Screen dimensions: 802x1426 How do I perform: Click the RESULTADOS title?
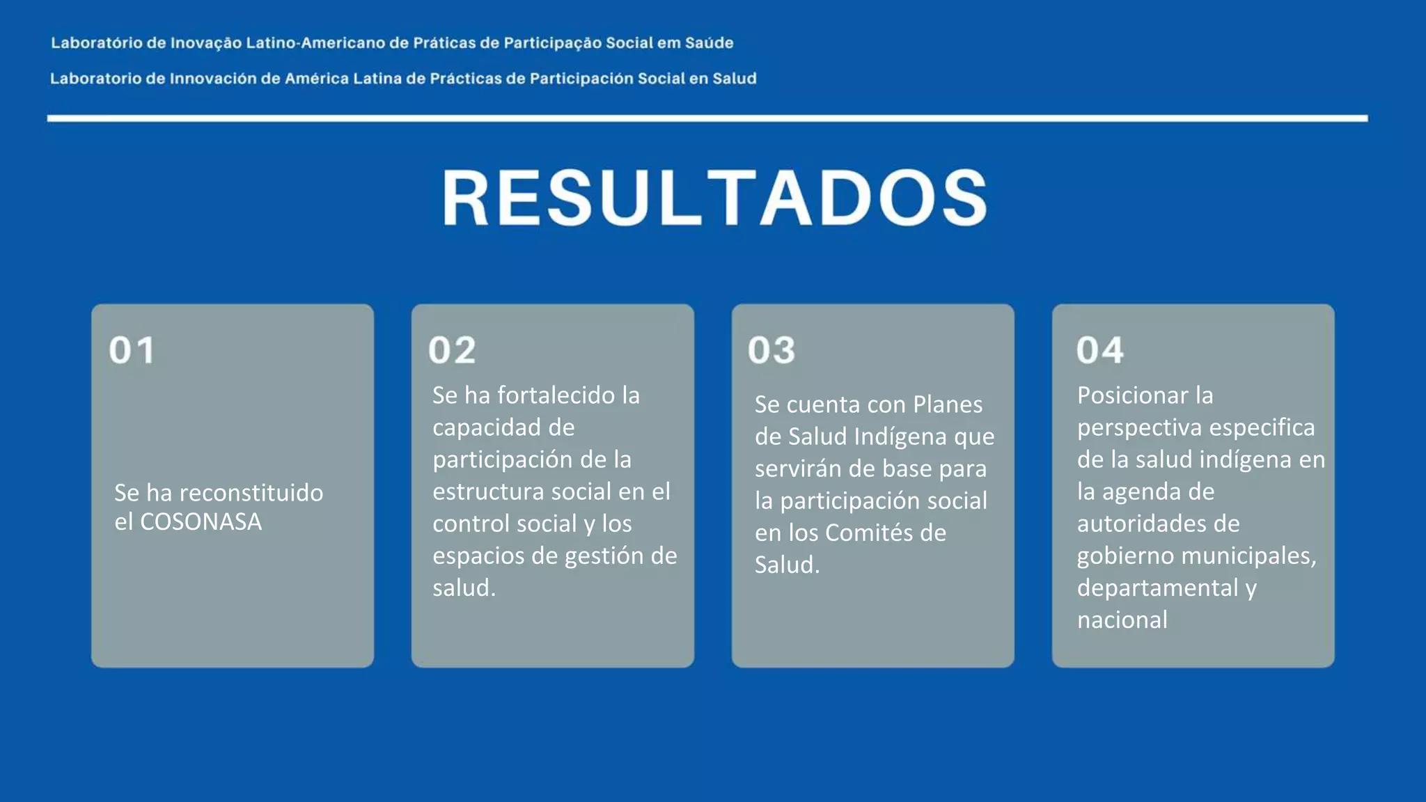click(714, 198)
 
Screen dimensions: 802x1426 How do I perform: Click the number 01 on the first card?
click(132, 350)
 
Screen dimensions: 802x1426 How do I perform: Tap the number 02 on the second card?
click(452, 350)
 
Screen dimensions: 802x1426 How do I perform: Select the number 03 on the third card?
click(771, 350)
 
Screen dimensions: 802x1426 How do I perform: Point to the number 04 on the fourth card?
click(1099, 350)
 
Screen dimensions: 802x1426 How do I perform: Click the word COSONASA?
click(201, 522)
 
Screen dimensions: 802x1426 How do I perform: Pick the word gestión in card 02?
click(601, 556)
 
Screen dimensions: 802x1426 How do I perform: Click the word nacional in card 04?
click(1122, 620)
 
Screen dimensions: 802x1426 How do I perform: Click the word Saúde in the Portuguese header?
click(709, 43)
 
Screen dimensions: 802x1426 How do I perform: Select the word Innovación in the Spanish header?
click(213, 79)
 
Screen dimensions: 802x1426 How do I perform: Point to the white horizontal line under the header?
click(707, 118)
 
